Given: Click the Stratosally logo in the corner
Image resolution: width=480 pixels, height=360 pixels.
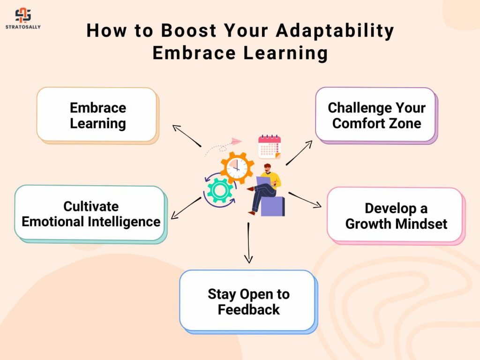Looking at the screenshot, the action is [23, 19].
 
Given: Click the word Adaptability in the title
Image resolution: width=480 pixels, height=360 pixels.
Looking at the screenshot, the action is [335, 31].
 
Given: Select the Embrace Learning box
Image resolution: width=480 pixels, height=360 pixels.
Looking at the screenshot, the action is [97, 115].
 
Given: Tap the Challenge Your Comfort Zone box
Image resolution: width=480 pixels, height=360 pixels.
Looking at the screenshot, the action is [376, 115].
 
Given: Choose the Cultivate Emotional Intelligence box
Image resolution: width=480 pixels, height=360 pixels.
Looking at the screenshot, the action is [90, 214].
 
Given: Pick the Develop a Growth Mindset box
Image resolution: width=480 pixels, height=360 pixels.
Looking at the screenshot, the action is [396, 216].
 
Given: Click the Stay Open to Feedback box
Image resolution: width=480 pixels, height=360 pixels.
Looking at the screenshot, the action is [248, 301].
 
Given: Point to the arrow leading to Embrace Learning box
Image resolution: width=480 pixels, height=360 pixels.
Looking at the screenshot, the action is [187, 135].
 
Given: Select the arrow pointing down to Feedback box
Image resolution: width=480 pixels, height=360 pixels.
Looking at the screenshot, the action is [248, 242].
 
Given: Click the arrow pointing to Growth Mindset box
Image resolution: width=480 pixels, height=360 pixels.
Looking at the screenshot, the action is [305, 200].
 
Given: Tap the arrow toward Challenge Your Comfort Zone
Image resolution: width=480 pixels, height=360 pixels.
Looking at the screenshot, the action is [299, 153].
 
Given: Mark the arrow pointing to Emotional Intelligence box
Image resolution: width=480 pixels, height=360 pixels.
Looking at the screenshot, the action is [186, 208].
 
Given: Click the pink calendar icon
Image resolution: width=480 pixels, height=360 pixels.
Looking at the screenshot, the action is [270, 147].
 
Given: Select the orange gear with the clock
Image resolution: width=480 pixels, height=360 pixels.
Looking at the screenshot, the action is [237, 168].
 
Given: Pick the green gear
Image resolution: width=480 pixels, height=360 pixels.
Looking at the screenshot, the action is [219, 190].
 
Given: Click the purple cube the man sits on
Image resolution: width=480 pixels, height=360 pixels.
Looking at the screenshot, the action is [272, 206].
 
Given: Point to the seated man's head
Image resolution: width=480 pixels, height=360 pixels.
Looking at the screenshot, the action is [267, 168].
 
